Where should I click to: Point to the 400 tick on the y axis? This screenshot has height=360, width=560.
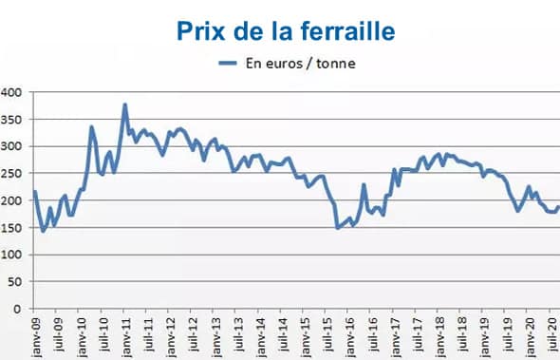click(10, 92)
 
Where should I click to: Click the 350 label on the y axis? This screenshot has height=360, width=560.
click(10, 120)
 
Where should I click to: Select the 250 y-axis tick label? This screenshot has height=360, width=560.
click(10, 174)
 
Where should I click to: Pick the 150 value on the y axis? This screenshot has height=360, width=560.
click(10, 228)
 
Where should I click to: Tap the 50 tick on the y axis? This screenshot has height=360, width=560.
click(13, 283)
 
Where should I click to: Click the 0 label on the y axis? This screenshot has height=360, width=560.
click(16, 310)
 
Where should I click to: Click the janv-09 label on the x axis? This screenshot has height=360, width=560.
click(36, 337)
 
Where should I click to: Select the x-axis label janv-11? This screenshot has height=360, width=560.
click(126, 337)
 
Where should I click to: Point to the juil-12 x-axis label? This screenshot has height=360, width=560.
click(194, 337)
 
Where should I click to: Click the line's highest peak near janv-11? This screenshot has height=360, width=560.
click(125, 104)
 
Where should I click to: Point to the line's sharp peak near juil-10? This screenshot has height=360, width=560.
click(92, 126)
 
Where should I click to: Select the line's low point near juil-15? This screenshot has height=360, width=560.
click(338, 228)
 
